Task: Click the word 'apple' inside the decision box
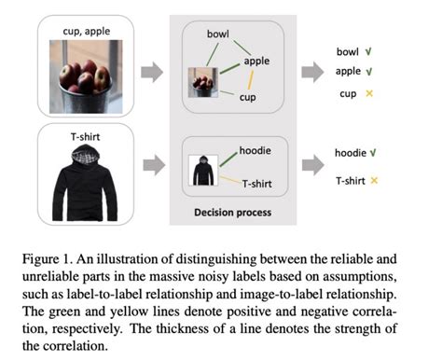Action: pyautogui.click(x=256, y=62)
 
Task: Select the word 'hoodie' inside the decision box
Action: pyautogui.click(x=256, y=149)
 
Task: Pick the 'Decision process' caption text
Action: pyautogui.click(x=233, y=213)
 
